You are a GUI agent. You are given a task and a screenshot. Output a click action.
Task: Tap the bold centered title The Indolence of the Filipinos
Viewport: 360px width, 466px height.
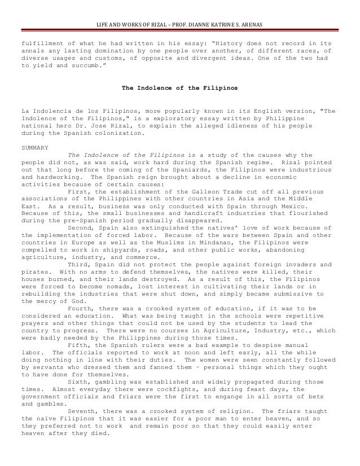point(180,89)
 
